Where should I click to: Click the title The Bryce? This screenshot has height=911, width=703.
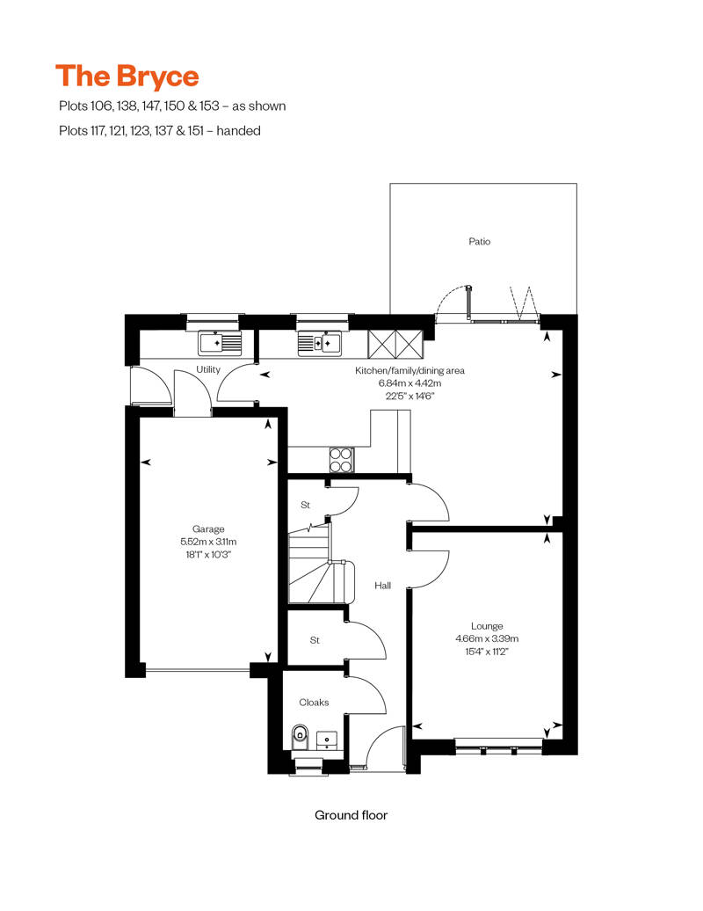(x=127, y=77)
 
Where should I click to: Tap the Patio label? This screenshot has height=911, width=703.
(x=479, y=241)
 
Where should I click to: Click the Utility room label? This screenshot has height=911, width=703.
(x=208, y=369)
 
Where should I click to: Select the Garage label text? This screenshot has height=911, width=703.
(x=209, y=528)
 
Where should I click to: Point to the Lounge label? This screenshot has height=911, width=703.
(x=485, y=626)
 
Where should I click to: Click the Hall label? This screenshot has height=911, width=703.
(x=382, y=586)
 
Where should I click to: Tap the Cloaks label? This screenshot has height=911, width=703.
(x=314, y=702)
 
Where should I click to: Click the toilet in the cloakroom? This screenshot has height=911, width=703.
(x=300, y=734)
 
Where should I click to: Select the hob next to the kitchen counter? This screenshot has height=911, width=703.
(x=341, y=458)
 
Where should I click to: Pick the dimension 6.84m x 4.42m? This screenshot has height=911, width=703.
(x=409, y=383)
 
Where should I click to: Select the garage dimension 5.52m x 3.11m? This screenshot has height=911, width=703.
(x=209, y=542)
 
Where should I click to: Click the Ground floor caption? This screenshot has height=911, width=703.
(x=351, y=815)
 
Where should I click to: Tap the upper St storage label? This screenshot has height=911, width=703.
(x=306, y=505)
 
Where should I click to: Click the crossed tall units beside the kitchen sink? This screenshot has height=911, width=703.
(x=395, y=341)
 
